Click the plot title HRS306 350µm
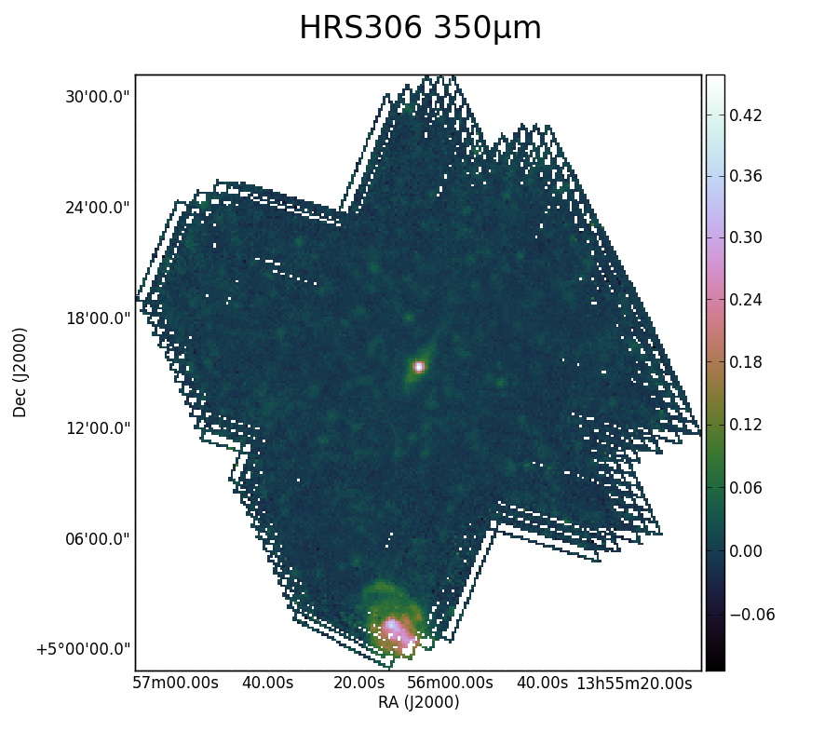pyautogui.click(x=420, y=28)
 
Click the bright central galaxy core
pyautogui.click(x=419, y=367)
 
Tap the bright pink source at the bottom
pyautogui.click(x=396, y=631)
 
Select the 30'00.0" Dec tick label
pyautogui.click(x=97, y=97)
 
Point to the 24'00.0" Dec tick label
pyautogui.click(x=97, y=208)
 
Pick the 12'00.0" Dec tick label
pyautogui.click(x=97, y=428)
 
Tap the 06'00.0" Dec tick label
pyautogui.click(x=97, y=538)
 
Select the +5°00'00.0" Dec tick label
pyautogui.click(x=84, y=649)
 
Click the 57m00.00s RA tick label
pyautogui.click(x=175, y=683)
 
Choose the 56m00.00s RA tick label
pyautogui.click(x=450, y=683)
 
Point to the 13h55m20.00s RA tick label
pyautogui.click(x=634, y=683)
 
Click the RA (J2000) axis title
pyautogui.click(x=418, y=702)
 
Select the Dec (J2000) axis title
pyautogui.click(x=20, y=372)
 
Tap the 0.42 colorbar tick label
pyautogui.click(x=746, y=115)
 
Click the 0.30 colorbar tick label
pyautogui.click(x=746, y=237)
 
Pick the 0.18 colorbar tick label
pyautogui.click(x=746, y=362)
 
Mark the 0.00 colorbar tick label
pyautogui.click(x=746, y=551)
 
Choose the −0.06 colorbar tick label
pyautogui.click(x=752, y=615)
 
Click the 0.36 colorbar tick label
pyautogui.click(x=746, y=176)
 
